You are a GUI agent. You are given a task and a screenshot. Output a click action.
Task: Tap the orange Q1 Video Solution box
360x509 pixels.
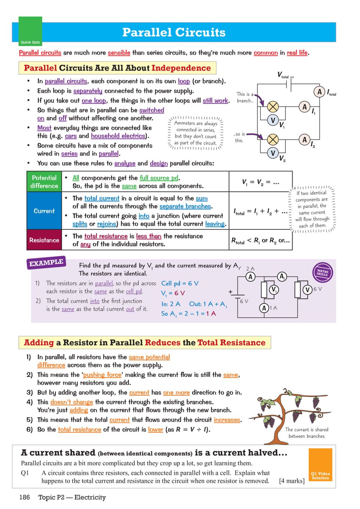coord(320,464)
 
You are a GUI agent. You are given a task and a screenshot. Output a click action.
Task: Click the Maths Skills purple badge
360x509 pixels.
coord(322,272)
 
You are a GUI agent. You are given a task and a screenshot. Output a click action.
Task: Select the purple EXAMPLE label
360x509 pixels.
coord(46,263)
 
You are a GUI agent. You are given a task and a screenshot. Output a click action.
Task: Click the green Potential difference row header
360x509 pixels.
coord(44,182)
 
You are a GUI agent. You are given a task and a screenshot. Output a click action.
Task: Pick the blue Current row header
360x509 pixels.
coord(44,211)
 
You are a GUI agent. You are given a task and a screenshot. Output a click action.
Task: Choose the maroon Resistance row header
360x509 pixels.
coord(44,240)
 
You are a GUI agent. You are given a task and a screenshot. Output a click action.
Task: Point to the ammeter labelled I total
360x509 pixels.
coord(320,92)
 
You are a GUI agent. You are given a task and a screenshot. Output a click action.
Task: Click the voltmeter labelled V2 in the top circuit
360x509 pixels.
coord(273,153)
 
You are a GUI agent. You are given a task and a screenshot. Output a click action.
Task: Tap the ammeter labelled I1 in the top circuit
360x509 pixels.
coord(305,107)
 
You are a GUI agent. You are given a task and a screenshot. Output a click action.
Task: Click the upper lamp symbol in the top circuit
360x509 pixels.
coord(273,107)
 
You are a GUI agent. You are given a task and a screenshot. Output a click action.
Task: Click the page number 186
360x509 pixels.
coord(25,497)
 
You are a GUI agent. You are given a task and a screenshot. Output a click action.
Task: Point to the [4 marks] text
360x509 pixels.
coord(291,481)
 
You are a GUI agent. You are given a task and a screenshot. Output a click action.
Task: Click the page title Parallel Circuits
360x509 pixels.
coord(174,33)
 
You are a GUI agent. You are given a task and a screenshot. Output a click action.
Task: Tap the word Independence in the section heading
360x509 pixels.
coord(181,68)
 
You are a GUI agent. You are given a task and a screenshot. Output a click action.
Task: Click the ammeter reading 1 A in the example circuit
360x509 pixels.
coord(264,308)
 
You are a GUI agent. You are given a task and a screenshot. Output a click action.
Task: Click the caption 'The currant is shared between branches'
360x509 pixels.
coord(307,433)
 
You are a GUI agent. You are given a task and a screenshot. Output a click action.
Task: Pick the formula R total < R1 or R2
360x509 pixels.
coord(260,241)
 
